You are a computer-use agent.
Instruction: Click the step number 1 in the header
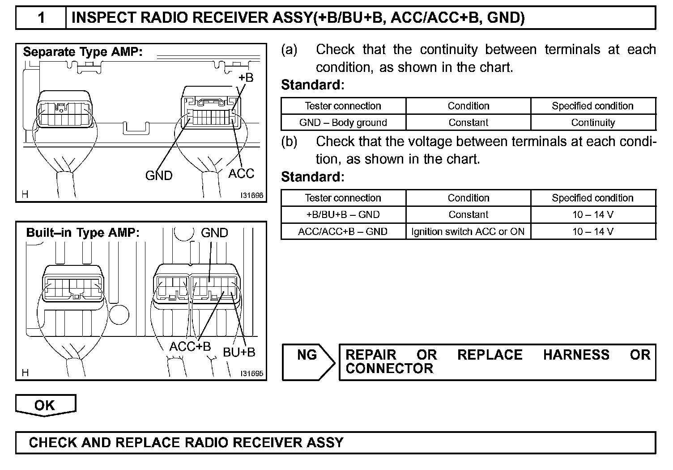pyautogui.click(x=41, y=18)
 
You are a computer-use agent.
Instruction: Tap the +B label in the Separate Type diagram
pyautogui.click(x=246, y=78)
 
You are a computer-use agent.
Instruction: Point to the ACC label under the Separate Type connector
pyautogui.click(x=241, y=174)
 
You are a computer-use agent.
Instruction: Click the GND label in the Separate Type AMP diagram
pyautogui.click(x=159, y=176)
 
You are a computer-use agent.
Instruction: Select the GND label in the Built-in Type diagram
pyautogui.click(x=214, y=233)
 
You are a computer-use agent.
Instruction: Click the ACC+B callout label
pyautogui.click(x=190, y=347)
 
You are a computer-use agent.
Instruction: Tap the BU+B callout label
pyautogui.click(x=239, y=352)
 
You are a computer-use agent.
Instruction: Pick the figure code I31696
pyautogui.click(x=251, y=196)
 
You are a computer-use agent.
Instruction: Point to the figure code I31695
pyautogui.click(x=251, y=373)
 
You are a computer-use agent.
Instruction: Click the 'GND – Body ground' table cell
pyautogui.click(x=343, y=122)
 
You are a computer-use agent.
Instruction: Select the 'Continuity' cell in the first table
pyautogui.click(x=593, y=122)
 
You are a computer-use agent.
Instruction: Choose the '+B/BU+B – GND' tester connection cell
pyautogui.click(x=343, y=214)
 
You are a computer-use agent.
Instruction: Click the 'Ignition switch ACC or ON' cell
pyautogui.click(x=468, y=231)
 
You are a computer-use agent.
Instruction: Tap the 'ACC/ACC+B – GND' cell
pyautogui.click(x=343, y=231)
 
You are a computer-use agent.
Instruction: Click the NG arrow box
pyautogui.click(x=308, y=361)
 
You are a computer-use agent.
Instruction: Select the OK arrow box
pyautogui.click(x=45, y=405)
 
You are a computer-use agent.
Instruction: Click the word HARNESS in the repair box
pyautogui.click(x=576, y=355)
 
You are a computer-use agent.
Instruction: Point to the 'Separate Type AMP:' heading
pyautogui.click(x=83, y=52)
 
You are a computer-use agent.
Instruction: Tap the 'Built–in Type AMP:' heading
pyautogui.click(x=83, y=233)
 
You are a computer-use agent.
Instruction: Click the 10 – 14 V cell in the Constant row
pyautogui.click(x=593, y=214)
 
